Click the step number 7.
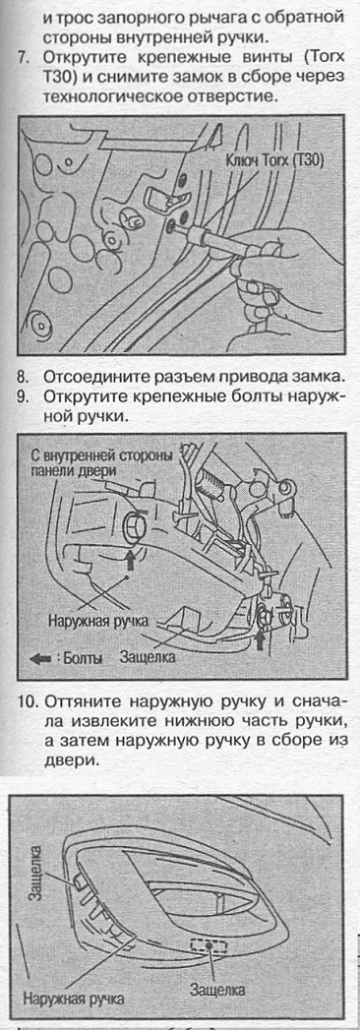coord(23,57)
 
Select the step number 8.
coord(23,377)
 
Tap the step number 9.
coord(23,397)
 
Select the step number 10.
coord(25,701)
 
